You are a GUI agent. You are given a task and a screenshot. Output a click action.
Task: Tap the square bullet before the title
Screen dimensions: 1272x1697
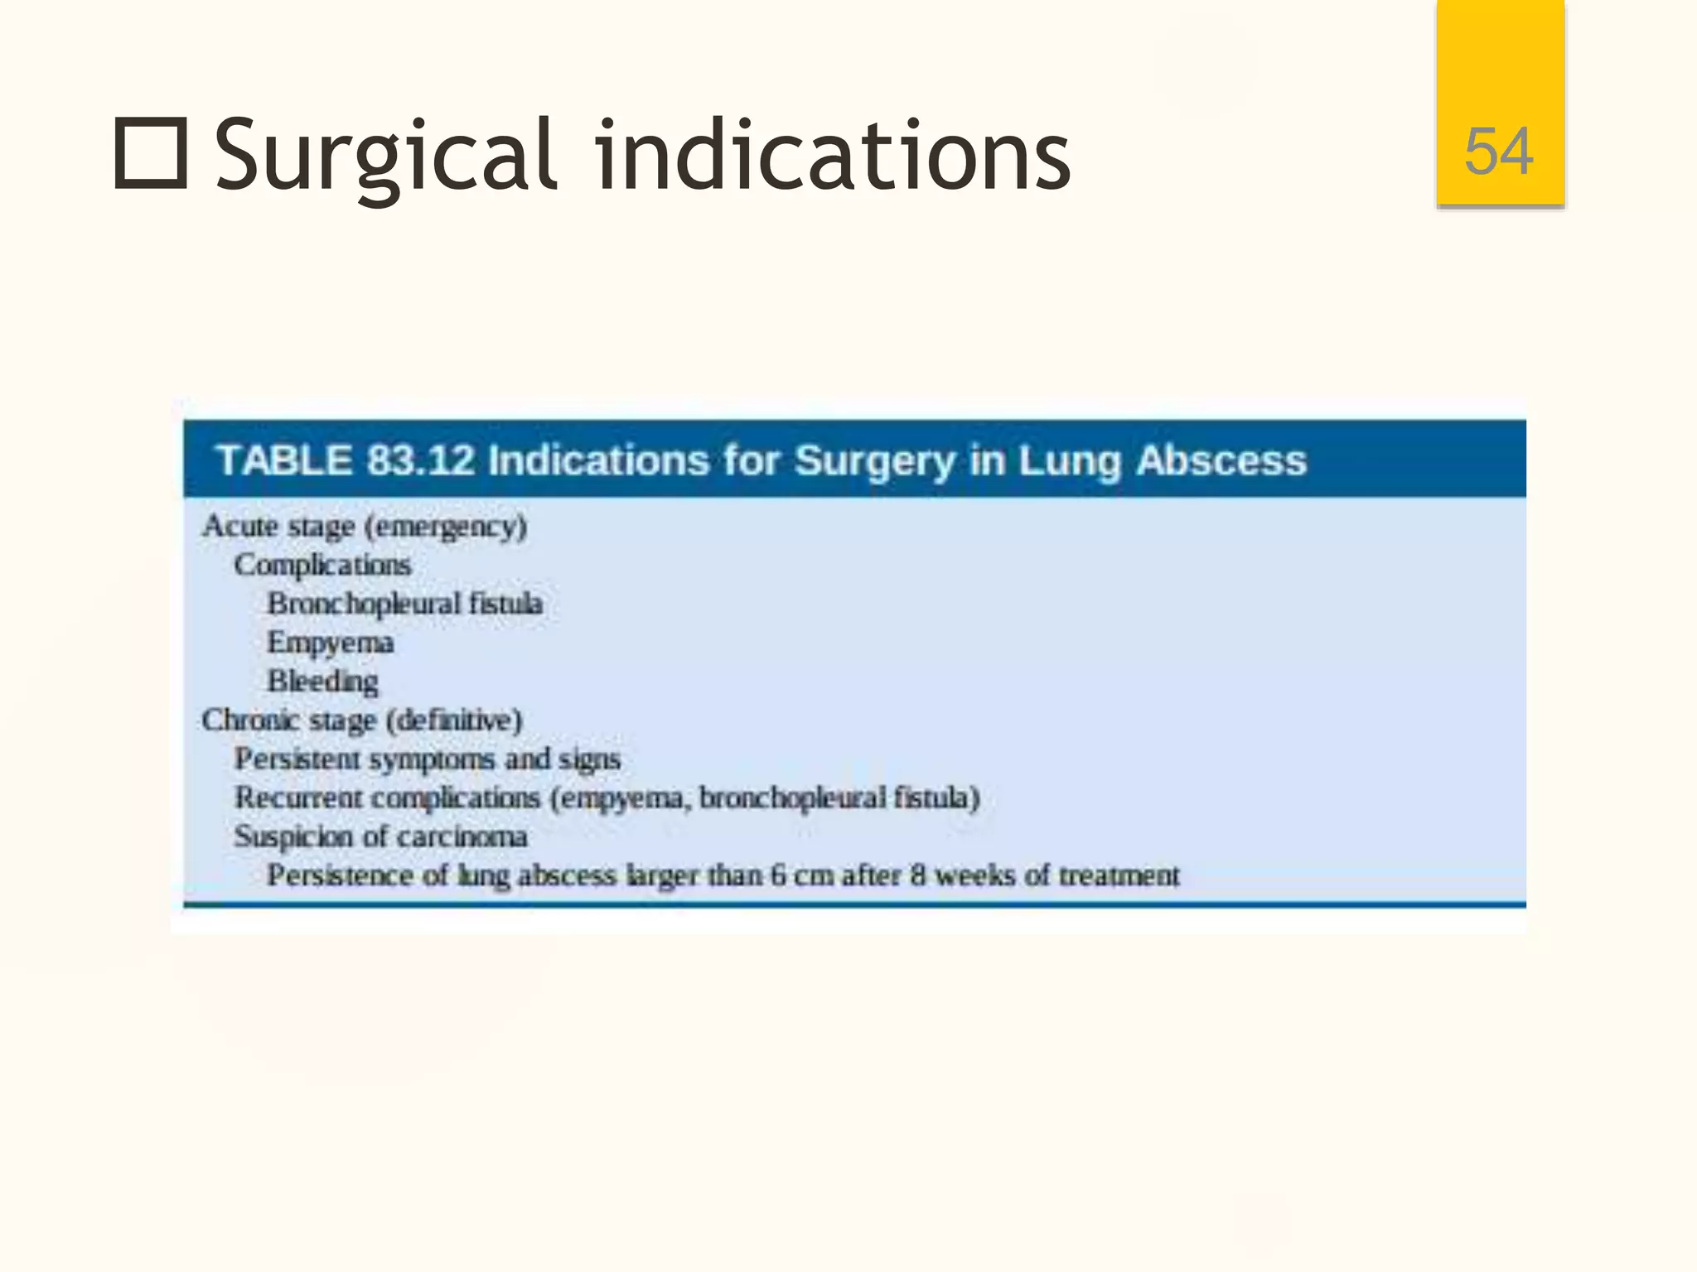click(x=150, y=153)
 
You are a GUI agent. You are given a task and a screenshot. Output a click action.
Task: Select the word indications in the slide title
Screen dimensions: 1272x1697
click(x=833, y=155)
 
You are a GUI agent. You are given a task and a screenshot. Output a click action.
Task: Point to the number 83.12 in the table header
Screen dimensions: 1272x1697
click(x=420, y=460)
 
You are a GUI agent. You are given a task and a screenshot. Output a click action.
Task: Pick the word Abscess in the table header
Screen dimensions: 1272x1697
click(x=1221, y=460)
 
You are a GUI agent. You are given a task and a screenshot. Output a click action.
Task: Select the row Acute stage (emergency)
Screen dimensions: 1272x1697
click(x=365, y=527)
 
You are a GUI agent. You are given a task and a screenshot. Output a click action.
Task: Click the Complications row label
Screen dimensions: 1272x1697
click(x=322, y=566)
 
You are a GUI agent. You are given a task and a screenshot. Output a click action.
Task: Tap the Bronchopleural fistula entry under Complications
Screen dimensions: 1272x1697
click(x=404, y=604)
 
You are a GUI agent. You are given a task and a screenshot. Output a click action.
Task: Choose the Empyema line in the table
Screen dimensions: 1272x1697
click(x=330, y=643)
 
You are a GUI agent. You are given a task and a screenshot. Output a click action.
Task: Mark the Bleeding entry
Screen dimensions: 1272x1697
click(x=322, y=682)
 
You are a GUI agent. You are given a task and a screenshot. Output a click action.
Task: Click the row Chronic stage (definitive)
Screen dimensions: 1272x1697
click(x=362, y=720)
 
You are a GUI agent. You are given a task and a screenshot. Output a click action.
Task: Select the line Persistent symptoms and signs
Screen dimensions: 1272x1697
click(x=427, y=759)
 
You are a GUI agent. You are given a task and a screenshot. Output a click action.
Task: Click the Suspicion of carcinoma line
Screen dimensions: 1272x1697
click(x=380, y=837)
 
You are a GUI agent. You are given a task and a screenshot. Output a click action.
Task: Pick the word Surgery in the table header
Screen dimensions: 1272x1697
click(x=874, y=461)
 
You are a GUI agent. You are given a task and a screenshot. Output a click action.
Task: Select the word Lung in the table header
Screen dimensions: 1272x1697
click(x=1070, y=461)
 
